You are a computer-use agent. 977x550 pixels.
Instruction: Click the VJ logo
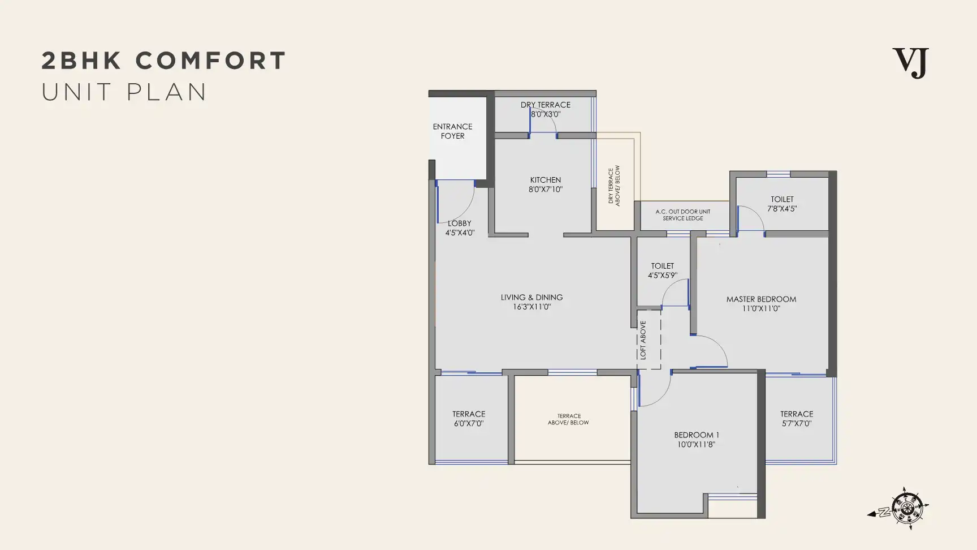click(910, 63)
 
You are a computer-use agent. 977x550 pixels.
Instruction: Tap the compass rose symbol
click(906, 508)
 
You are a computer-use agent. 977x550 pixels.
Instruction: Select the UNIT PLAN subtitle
click(124, 92)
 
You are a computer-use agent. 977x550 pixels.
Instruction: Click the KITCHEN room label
click(546, 180)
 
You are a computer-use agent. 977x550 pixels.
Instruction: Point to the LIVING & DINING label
click(531, 297)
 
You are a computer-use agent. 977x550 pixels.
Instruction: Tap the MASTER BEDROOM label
click(761, 299)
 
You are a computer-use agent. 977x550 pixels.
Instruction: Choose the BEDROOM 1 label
click(697, 435)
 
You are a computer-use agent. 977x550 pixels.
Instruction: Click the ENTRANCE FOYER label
click(452, 131)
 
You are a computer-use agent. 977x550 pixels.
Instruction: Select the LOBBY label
click(459, 224)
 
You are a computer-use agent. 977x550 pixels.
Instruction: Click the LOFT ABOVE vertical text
click(643, 340)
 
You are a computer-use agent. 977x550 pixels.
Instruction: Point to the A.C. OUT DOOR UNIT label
click(683, 212)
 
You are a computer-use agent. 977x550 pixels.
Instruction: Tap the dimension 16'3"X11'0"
click(531, 307)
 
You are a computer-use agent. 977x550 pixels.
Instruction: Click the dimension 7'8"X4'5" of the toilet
click(782, 208)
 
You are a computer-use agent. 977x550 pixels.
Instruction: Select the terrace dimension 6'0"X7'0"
click(469, 423)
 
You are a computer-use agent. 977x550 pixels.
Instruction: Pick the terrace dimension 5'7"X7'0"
click(797, 423)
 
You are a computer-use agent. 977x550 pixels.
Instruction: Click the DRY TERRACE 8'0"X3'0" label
click(546, 109)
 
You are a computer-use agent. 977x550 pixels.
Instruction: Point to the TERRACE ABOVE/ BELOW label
click(569, 419)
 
